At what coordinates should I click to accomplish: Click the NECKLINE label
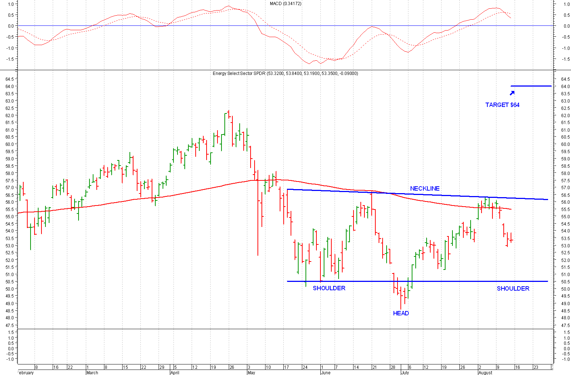pyautogui.click(x=424, y=188)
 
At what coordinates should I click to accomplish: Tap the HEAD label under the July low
pyautogui.click(x=401, y=313)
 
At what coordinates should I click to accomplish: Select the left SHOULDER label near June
pyautogui.click(x=329, y=288)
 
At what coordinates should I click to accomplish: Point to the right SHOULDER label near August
pyautogui.click(x=513, y=288)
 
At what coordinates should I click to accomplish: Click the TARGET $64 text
pyautogui.click(x=502, y=105)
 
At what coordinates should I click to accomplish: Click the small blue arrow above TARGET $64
pyautogui.click(x=512, y=93)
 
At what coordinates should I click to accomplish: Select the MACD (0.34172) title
pyautogui.click(x=285, y=4)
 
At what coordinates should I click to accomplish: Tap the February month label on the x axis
pyautogui.click(x=25, y=372)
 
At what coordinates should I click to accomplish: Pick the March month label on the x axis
pyautogui.click(x=92, y=372)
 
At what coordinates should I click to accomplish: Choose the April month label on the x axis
pyautogui.click(x=175, y=372)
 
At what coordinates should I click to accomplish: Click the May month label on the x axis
pyautogui.click(x=251, y=372)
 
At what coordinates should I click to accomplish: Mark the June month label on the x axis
pyautogui.click(x=326, y=372)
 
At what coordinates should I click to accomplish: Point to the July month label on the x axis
pyautogui.click(x=405, y=372)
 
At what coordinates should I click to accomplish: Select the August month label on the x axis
pyautogui.click(x=485, y=372)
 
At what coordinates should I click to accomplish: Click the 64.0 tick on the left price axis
pyautogui.click(x=10, y=87)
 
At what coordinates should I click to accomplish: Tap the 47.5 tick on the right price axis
pyautogui.click(x=565, y=325)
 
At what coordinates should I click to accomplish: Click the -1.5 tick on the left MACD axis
pyautogui.click(x=10, y=59)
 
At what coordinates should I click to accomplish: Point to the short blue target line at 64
pyautogui.click(x=531, y=86)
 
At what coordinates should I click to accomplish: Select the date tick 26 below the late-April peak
pyautogui.click(x=232, y=367)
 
